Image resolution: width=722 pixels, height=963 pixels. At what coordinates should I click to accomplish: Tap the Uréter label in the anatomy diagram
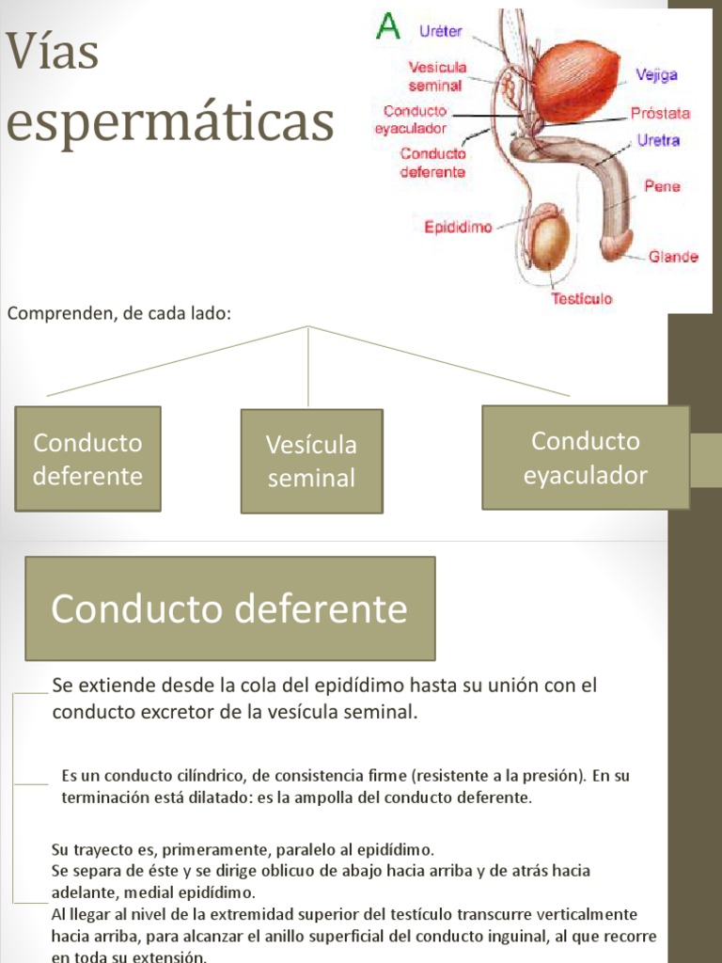440,32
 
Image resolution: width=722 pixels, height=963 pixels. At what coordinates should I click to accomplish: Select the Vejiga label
655,75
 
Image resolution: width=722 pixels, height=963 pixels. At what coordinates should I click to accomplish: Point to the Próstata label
660,114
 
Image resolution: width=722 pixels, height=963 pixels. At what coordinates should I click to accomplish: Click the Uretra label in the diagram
658,140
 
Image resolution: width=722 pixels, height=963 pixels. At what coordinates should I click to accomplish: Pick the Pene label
662,186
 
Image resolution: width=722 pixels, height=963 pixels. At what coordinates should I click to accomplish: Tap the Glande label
673,256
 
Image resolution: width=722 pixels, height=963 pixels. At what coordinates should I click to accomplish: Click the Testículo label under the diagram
581,299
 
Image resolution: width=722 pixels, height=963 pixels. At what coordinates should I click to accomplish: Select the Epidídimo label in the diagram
458,227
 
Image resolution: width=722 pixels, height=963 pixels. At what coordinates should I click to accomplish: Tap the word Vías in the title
53,53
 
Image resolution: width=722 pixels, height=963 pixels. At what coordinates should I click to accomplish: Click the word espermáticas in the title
170,122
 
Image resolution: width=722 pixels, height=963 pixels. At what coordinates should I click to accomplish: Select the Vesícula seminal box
311,461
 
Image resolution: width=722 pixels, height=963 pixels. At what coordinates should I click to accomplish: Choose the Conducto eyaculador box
585,458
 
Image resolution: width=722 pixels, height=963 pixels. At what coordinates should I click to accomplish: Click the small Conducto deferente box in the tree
87,459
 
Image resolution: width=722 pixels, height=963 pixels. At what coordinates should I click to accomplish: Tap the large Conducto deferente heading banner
229,608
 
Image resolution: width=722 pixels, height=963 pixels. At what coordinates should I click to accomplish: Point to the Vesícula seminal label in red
436,76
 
